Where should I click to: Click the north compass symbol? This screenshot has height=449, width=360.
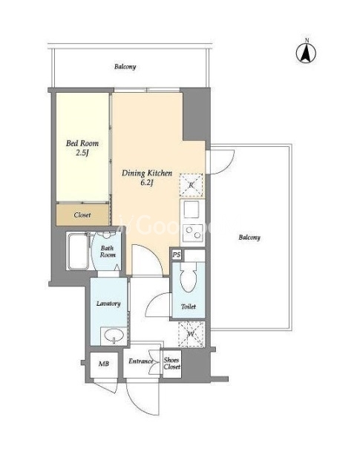306,52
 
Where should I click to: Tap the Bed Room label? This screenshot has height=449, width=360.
82,143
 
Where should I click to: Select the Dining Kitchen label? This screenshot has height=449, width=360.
147,173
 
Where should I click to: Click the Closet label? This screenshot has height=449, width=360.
82,214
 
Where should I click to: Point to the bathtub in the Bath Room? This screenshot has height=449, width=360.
78,251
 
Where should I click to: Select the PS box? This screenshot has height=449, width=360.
177,255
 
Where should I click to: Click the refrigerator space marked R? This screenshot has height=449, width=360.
192,186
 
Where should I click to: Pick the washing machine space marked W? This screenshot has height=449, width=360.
192,334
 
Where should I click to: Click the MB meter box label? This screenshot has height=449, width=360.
104,364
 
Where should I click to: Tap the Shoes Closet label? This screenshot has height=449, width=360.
172,364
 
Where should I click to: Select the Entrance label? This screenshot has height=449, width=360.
140,361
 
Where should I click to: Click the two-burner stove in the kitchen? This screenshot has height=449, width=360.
193,232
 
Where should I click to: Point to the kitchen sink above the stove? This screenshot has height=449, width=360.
192,209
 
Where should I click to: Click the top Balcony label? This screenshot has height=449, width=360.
125,67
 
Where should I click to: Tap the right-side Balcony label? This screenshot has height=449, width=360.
249,237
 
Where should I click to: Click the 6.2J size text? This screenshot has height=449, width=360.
147,183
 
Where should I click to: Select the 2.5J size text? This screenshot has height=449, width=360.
82,153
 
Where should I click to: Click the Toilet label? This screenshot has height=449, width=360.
189,307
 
